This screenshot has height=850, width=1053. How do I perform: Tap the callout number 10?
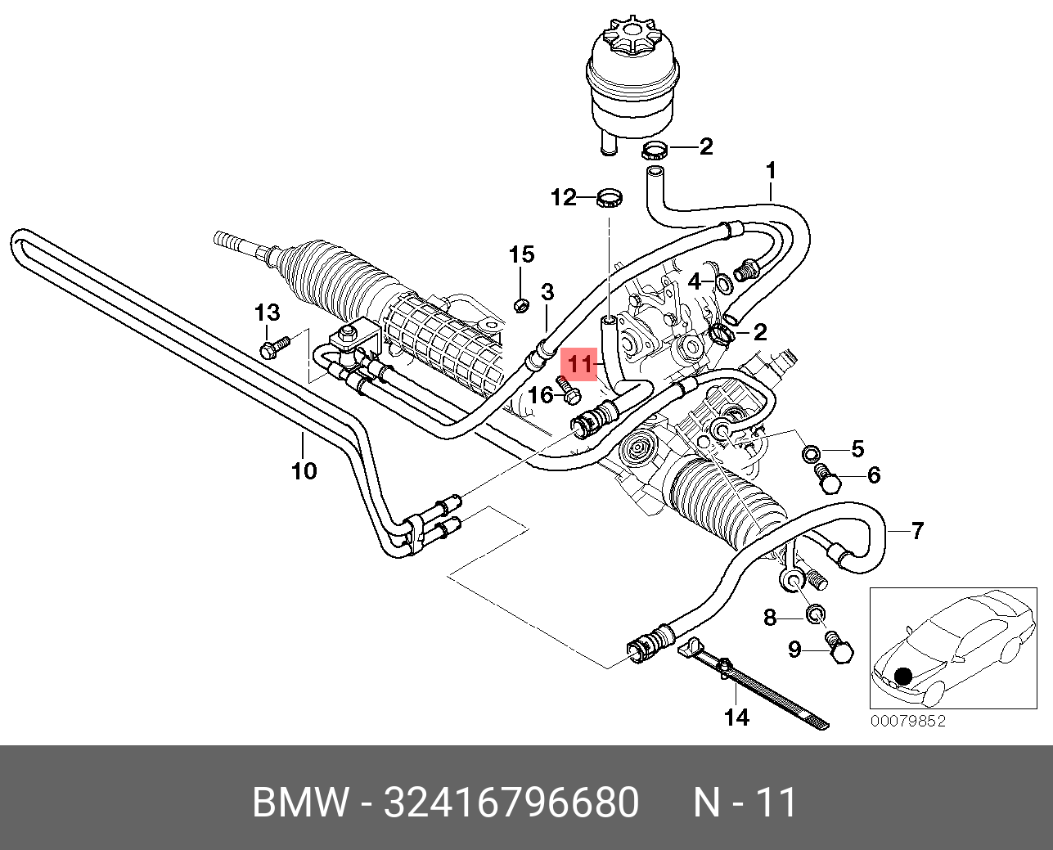(x=304, y=471)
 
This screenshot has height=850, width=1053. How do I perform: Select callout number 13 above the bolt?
(x=267, y=313)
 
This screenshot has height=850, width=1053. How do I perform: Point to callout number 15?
(x=522, y=254)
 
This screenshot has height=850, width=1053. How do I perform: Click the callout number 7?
(x=917, y=531)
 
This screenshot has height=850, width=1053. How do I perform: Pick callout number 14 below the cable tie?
(x=736, y=717)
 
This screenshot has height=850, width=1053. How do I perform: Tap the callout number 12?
(x=563, y=197)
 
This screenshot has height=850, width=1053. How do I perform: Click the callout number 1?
(x=770, y=171)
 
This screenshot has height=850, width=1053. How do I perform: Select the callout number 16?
(x=540, y=396)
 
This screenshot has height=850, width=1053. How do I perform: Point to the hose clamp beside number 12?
(x=610, y=197)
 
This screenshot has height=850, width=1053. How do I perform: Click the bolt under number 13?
(x=274, y=347)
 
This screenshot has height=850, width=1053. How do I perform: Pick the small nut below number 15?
(x=520, y=306)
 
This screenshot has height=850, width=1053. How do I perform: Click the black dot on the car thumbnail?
(x=902, y=677)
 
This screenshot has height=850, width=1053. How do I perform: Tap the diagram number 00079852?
(x=907, y=722)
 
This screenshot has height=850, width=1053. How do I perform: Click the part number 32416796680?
(x=511, y=803)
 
